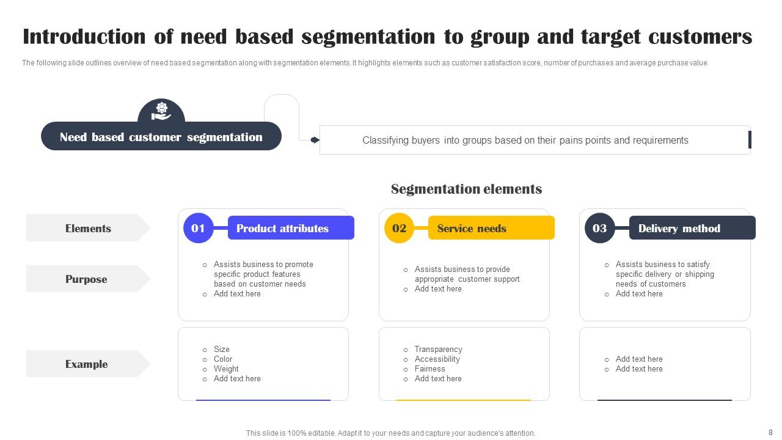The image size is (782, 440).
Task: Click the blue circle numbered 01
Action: pyautogui.click(x=199, y=228)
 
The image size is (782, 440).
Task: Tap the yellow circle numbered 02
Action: pyautogui.click(x=399, y=228)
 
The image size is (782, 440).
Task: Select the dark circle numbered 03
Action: pyautogui.click(x=600, y=228)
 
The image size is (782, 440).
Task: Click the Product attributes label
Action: pyautogui.click(x=291, y=228)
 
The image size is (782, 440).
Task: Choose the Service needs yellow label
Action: pyautogui.click(x=491, y=228)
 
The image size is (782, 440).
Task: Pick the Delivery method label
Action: pyautogui.click(x=692, y=228)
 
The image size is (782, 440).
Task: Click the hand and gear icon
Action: pyautogui.click(x=161, y=111)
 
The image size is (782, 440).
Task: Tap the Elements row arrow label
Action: pyautogui.click(x=89, y=228)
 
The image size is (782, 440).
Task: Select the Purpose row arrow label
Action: pyautogui.click(x=89, y=279)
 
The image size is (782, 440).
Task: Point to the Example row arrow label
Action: pyautogui.click(x=89, y=364)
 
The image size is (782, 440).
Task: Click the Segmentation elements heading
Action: pyautogui.click(x=466, y=189)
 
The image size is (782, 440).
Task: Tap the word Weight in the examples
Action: pyautogui.click(x=226, y=369)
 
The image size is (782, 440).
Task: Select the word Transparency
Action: pyautogui.click(x=439, y=349)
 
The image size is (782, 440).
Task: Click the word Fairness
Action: pyautogui.click(x=429, y=369)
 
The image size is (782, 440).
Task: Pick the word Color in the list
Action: pyautogui.click(x=223, y=359)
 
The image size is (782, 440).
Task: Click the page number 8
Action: pyautogui.click(x=770, y=432)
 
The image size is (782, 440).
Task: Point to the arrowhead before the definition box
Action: pyautogui.click(x=315, y=140)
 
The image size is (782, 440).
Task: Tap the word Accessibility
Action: pyautogui.click(x=437, y=359)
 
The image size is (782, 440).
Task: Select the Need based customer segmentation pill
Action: pyautogui.click(x=161, y=136)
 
